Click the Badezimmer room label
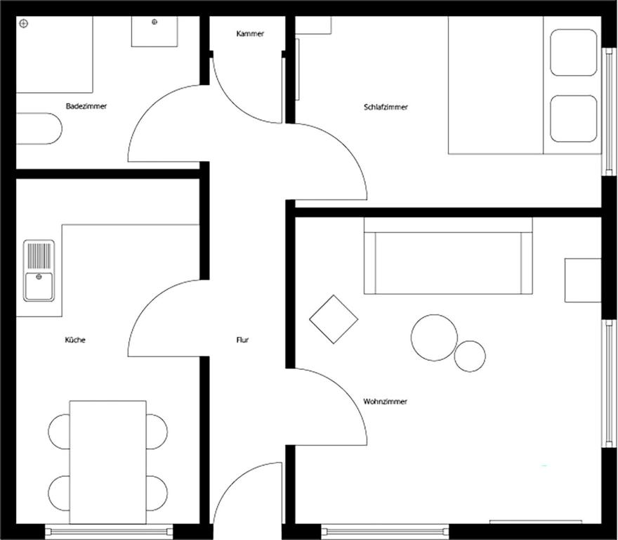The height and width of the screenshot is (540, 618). pos(86,106)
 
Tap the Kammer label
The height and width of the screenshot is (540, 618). pos(250,34)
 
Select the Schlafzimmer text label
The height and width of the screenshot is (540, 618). pos(386,107)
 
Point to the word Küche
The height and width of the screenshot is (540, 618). pos(75,340)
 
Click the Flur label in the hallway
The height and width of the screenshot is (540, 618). pos(242,340)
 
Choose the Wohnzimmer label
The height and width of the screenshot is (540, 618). pos(385,401)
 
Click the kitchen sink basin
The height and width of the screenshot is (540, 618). pos(39,286)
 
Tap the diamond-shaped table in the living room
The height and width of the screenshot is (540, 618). pos(334,319)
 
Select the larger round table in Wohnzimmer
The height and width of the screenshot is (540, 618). pos(434,337)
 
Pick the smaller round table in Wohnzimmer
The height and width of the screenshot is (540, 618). pos(470,356)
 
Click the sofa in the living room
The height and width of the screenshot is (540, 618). pos(448,256)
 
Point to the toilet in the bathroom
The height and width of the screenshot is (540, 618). pos(39,129)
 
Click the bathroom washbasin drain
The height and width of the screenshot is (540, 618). pos(154,22)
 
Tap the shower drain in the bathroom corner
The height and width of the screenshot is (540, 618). pos(24,24)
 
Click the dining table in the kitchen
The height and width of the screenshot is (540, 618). pos(107,462)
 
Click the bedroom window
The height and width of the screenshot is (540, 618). pos(609,111)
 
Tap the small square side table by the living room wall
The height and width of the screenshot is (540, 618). pos(583,281)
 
